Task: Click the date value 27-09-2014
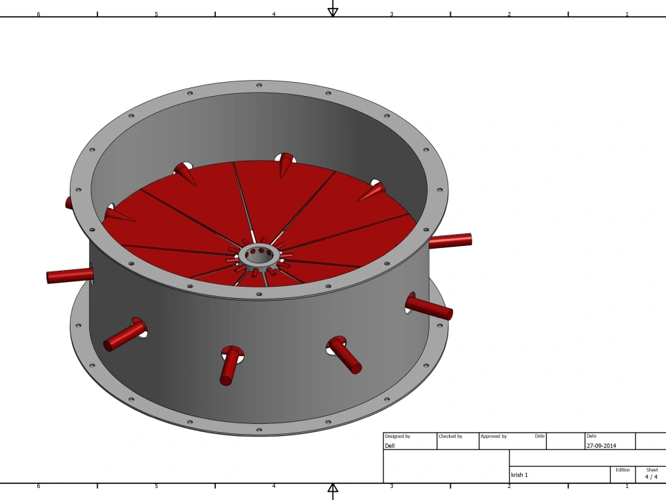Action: pyautogui.click(x=602, y=445)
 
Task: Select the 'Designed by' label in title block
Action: pyautogui.click(x=398, y=436)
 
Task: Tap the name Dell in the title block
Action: pyautogui.click(x=390, y=445)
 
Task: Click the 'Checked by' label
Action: pyautogui.click(x=451, y=436)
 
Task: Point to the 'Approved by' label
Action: pyautogui.click(x=494, y=436)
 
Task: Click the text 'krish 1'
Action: pyautogui.click(x=519, y=475)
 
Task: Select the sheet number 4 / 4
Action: pyautogui.click(x=651, y=476)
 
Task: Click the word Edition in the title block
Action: pyautogui.click(x=623, y=469)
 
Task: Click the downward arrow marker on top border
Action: pyautogui.click(x=333, y=11)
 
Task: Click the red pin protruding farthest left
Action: pyautogui.click(x=69, y=275)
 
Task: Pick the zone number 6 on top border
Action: pyautogui.click(x=38, y=14)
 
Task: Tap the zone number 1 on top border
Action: pyautogui.click(x=627, y=14)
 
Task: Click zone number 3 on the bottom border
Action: pyautogui.click(x=392, y=486)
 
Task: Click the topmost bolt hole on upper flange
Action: pyautogui.click(x=259, y=85)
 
